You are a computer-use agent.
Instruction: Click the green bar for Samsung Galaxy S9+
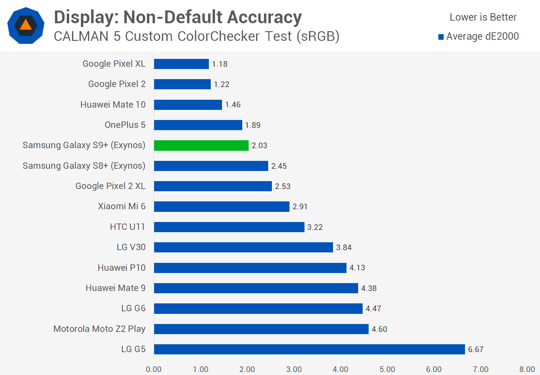coord(201,145)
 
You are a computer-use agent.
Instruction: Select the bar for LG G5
coord(309,349)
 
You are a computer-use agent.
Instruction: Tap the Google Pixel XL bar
coord(181,64)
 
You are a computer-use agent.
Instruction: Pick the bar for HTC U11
coord(229,227)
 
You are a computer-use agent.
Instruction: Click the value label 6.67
coord(476,349)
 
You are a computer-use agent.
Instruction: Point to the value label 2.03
coord(259,145)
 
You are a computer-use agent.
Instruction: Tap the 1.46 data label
coord(233,105)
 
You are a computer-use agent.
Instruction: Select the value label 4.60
coord(379,329)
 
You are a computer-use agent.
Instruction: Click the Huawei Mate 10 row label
coord(113,105)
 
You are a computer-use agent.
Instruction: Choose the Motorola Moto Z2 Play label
coord(99,329)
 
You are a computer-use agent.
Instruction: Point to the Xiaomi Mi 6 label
coord(122,206)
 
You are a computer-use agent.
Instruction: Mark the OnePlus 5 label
coord(125,125)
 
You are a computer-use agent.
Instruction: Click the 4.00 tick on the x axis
coord(340,369)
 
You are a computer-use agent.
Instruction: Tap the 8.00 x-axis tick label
coord(527,369)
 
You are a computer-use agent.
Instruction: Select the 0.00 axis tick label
coord(154,369)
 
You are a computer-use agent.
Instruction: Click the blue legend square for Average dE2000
coord(441,37)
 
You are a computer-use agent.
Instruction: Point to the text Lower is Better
coord(483,17)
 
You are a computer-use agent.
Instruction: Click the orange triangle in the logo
coord(25,25)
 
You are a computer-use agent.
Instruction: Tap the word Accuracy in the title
coord(264,17)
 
